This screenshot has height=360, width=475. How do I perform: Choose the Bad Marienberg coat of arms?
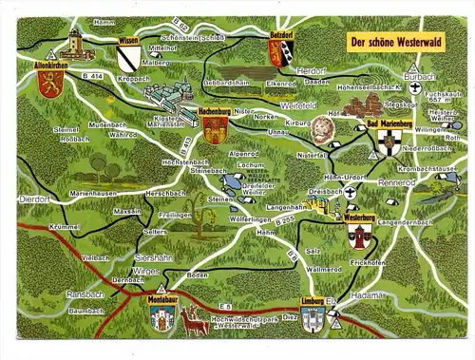(x=386, y=143)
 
